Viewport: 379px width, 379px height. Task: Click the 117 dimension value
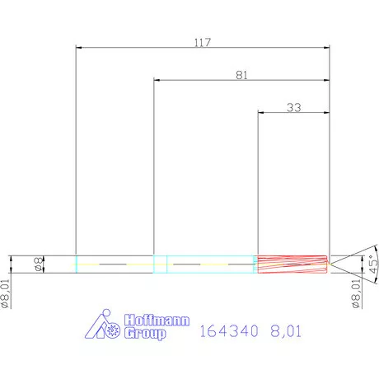[202, 42]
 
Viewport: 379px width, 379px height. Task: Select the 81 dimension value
[241, 75]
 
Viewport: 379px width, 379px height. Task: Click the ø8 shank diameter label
[38, 264]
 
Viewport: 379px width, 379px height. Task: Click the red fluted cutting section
[292, 264]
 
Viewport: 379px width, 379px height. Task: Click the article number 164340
[231, 332]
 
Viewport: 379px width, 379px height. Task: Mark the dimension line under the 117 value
[202, 49]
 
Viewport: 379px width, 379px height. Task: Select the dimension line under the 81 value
[241, 81]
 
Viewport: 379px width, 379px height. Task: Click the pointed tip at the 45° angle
[331, 264]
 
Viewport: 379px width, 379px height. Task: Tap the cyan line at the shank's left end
[76, 264]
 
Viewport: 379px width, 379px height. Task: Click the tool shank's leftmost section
[115, 264]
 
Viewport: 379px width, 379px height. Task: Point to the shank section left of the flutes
[212, 264]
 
